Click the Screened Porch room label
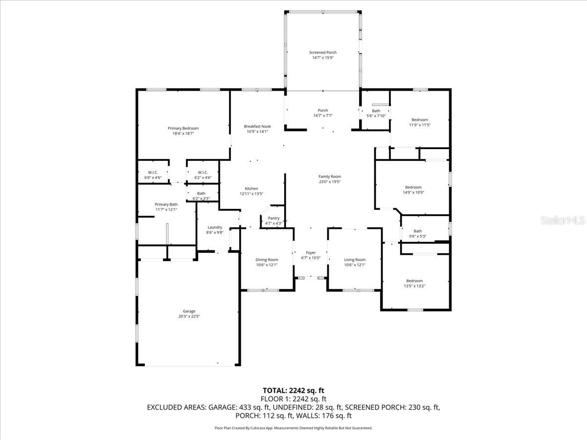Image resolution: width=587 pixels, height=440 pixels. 323,52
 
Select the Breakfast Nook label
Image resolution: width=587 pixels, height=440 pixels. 257,126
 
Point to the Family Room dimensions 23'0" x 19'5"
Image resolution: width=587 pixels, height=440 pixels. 329,182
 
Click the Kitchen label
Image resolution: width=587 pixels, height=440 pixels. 251,188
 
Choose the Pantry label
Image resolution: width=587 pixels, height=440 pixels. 273,218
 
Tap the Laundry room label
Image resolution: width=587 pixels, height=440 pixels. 215,227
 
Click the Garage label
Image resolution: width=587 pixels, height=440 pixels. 189,311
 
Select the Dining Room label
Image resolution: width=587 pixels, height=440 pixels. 267,260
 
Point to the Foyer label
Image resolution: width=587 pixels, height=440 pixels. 311,252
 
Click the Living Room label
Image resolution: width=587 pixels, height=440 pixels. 355,260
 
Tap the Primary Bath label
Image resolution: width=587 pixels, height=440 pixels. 166,204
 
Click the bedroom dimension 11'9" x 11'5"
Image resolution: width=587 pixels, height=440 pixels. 419,125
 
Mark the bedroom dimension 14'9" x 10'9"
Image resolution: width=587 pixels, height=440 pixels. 413,192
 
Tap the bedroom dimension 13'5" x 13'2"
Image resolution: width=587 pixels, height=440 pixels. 414,286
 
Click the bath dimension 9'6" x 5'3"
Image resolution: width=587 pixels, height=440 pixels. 417,237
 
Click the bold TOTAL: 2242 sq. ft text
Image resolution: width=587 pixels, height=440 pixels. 293,390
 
